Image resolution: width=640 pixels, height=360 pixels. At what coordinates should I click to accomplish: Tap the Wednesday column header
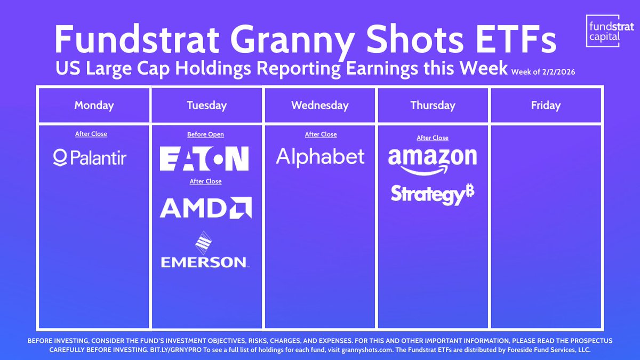(320, 105)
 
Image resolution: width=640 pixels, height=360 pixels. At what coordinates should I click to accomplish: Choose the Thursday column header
(433, 105)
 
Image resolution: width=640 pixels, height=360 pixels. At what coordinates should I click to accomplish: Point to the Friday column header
(546, 105)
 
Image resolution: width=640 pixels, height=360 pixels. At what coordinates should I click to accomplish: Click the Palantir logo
(90, 157)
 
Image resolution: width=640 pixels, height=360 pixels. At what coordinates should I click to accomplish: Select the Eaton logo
(204, 158)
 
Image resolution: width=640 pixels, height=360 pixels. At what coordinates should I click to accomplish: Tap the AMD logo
(206, 207)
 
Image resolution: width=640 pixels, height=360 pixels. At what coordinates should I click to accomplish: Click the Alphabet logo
(321, 157)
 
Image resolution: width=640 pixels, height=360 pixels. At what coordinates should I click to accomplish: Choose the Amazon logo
(433, 161)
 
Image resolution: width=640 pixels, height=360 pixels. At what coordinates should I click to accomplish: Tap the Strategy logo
(433, 194)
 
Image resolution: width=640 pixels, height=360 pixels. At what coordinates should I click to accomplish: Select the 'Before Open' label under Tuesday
(205, 134)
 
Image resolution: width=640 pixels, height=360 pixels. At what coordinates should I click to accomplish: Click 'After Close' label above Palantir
(91, 134)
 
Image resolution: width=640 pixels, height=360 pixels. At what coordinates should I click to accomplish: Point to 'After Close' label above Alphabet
(321, 134)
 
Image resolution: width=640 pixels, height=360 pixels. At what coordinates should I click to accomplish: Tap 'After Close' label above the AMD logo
(205, 181)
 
